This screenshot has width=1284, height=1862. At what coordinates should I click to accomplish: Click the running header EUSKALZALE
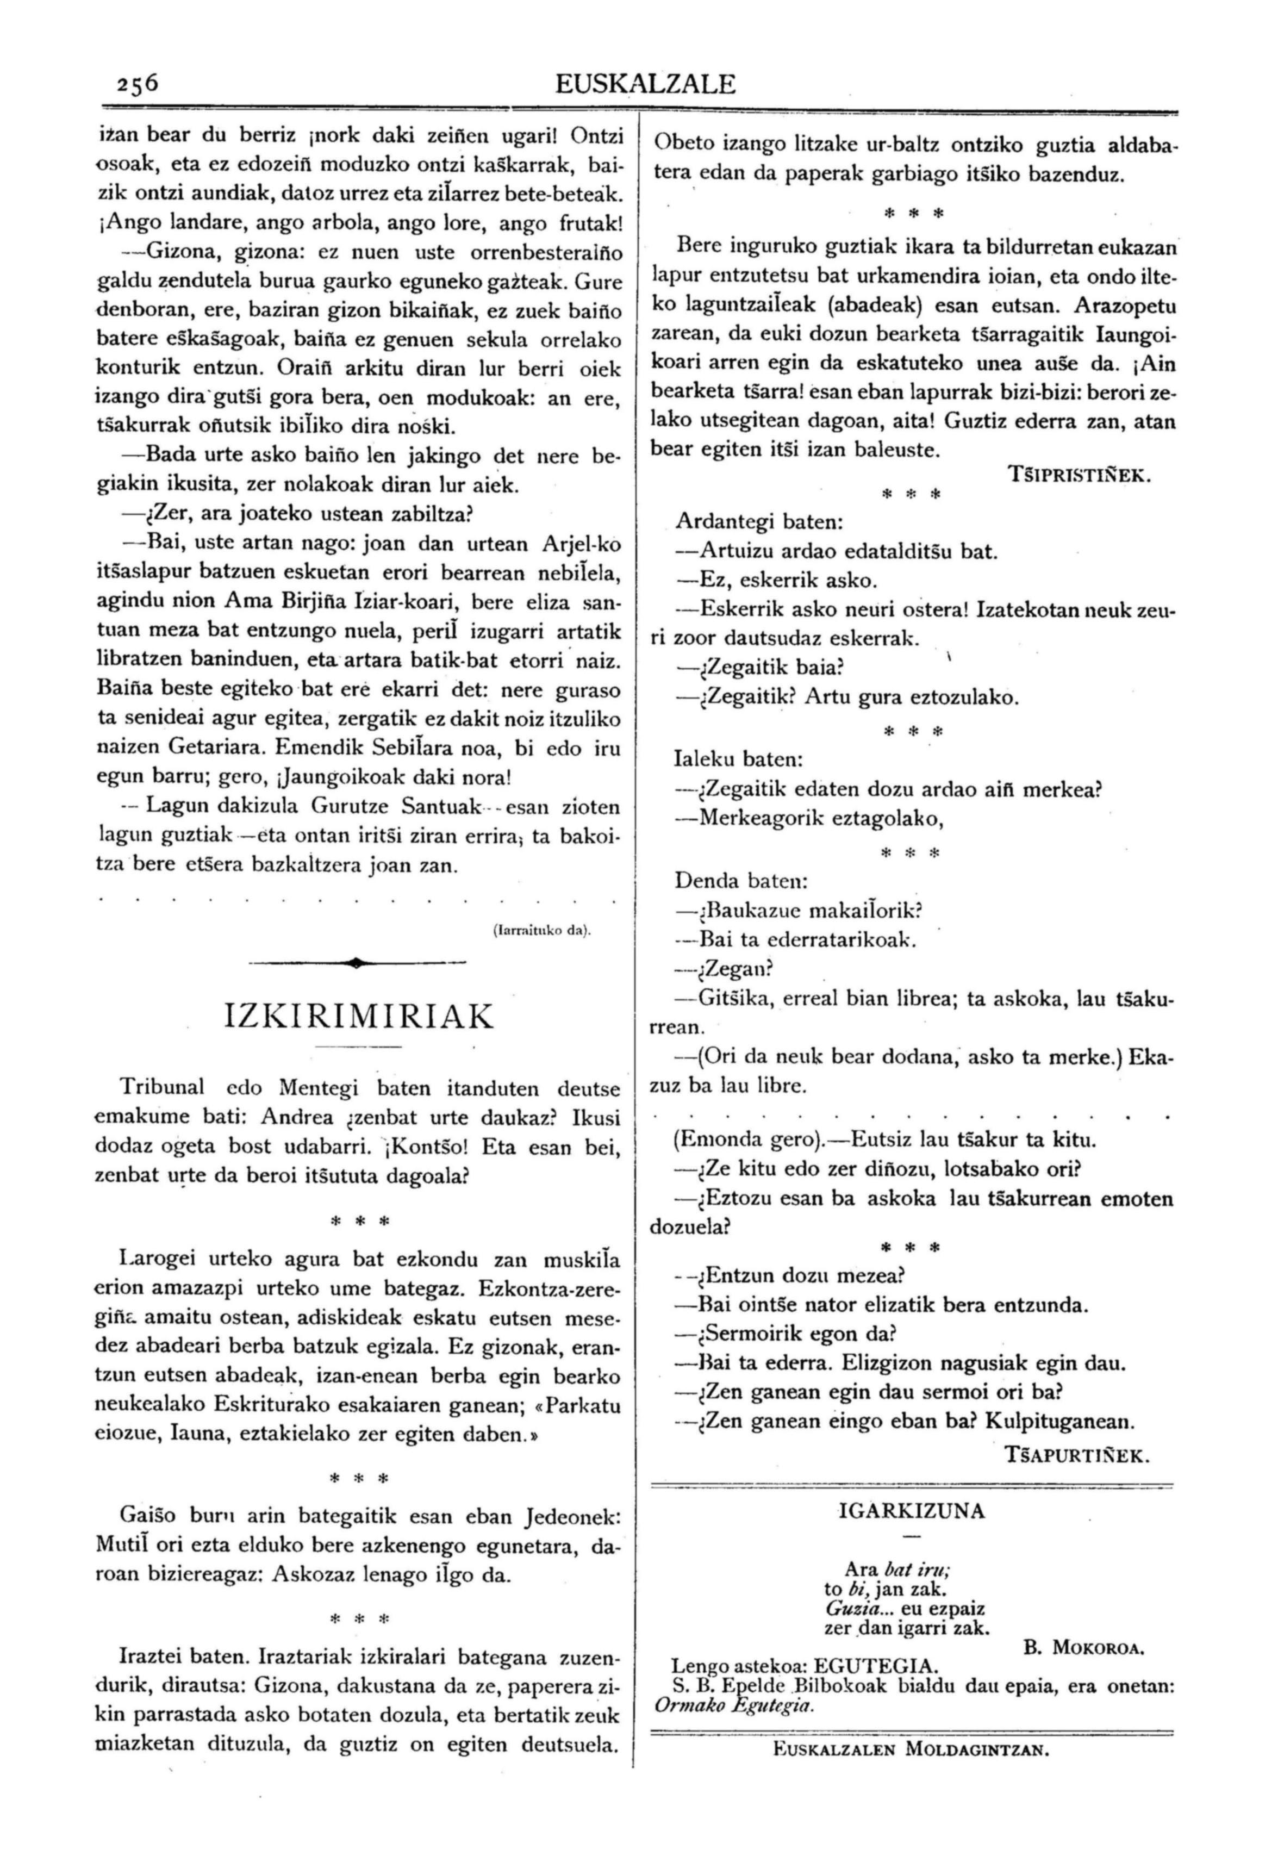(x=645, y=84)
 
